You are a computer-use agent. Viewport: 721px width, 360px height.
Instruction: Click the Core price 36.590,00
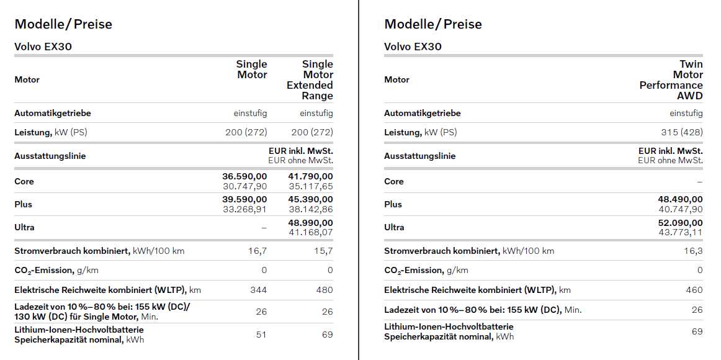coord(244,177)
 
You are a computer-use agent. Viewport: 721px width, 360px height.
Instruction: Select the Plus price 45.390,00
coord(310,200)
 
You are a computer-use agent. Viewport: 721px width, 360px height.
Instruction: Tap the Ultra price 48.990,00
coord(310,223)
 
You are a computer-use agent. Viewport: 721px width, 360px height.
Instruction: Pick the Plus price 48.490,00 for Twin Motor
coord(680,200)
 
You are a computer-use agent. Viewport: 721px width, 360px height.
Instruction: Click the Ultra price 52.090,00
coord(680,223)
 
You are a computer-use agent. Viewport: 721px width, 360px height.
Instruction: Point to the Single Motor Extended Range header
coord(310,80)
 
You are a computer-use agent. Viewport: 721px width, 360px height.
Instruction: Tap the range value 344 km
coord(258,290)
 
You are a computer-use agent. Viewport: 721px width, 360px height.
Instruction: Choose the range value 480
coord(324,290)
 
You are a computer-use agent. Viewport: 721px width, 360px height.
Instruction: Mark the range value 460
coord(694,290)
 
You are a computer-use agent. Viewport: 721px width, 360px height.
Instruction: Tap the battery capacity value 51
coord(261,335)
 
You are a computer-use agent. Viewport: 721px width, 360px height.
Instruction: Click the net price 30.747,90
coord(244,186)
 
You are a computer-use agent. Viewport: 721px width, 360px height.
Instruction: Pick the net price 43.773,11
coord(680,232)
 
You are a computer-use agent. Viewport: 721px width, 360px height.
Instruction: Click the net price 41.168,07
coord(310,232)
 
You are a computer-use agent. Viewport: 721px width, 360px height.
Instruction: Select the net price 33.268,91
coord(244,209)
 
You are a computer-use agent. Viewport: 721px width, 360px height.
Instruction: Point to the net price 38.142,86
coord(310,209)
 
